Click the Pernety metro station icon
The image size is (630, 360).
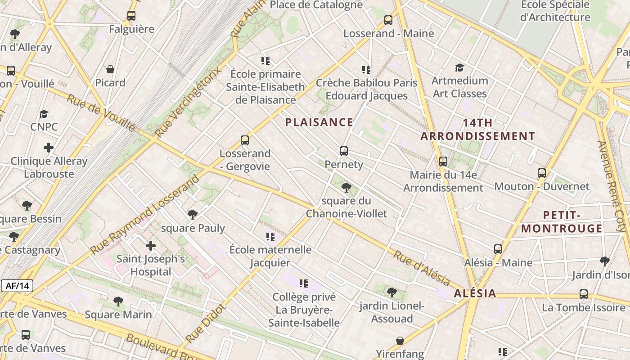pos(344,151)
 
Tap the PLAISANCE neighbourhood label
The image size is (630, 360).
pos(319,122)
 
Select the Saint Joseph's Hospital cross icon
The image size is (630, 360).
pos(151,246)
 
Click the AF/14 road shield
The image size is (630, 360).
pos(17,286)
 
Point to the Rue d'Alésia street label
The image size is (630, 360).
pos(422,269)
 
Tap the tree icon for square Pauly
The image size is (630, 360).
pos(193,215)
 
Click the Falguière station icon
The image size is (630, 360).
pos(131,16)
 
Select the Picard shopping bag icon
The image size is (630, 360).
pos(110,69)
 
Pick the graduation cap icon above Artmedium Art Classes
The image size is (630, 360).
pos(459,67)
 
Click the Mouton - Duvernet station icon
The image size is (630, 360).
pos(542,173)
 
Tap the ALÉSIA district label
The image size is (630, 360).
pos(475,294)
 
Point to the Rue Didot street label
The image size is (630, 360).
pos(205,323)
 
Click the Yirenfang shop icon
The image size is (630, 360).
pos(400,341)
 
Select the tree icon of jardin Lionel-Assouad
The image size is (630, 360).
pos(392,292)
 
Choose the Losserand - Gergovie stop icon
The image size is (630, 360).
pos(245,140)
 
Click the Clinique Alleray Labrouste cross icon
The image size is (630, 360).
pos(49,148)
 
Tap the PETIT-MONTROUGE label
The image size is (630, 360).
pos(562,222)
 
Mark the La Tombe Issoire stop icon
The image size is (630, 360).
pos(584,294)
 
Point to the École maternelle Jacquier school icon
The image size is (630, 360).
pos(270,236)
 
